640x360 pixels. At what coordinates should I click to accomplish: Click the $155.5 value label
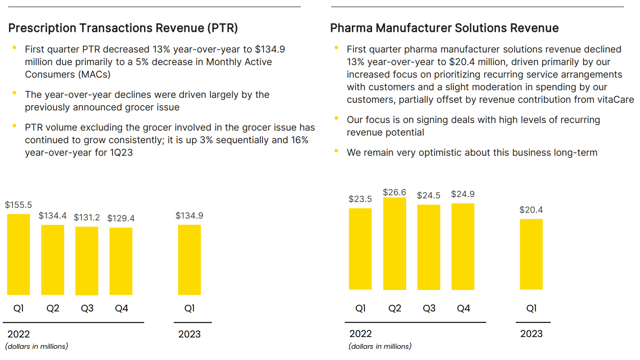click(18, 205)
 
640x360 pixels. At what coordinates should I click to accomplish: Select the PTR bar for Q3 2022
click(87, 261)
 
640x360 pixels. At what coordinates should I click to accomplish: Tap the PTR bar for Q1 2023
click(189, 260)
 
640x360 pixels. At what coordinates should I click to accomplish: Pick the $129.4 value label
click(121, 219)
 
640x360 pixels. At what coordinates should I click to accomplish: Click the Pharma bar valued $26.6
click(395, 244)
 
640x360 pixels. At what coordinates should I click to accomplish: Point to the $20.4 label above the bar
click(531, 210)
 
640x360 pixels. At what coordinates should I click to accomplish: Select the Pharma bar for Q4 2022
click(463, 246)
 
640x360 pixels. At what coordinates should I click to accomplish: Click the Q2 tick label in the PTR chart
click(53, 308)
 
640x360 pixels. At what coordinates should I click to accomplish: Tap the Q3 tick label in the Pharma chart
click(429, 308)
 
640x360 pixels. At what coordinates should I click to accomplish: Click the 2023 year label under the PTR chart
click(189, 334)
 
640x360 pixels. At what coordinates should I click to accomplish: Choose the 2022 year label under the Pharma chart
click(360, 334)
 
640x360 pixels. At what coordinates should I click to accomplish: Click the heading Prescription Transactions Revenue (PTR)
click(123, 28)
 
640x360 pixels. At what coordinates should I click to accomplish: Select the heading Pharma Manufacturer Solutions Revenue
click(444, 28)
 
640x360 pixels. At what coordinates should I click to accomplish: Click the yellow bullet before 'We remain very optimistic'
click(337, 151)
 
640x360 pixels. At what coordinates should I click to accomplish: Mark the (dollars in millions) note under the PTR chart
click(37, 346)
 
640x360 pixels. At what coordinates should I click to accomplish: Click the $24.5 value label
click(429, 196)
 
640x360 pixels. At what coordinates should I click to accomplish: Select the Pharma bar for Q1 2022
click(360, 249)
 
